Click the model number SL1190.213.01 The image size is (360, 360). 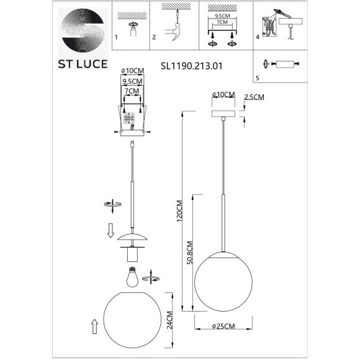(x=191, y=66)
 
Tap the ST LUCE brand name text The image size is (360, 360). (x=83, y=64)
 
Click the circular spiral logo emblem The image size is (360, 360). (x=83, y=31)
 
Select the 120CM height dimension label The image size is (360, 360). (x=179, y=211)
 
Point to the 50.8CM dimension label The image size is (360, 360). (x=190, y=253)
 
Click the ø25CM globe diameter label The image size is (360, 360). (x=223, y=326)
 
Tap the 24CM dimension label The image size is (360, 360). (x=169, y=320)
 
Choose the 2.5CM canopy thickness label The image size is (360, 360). (x=254, y=97)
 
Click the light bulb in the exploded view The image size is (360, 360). (x=132, y=277)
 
